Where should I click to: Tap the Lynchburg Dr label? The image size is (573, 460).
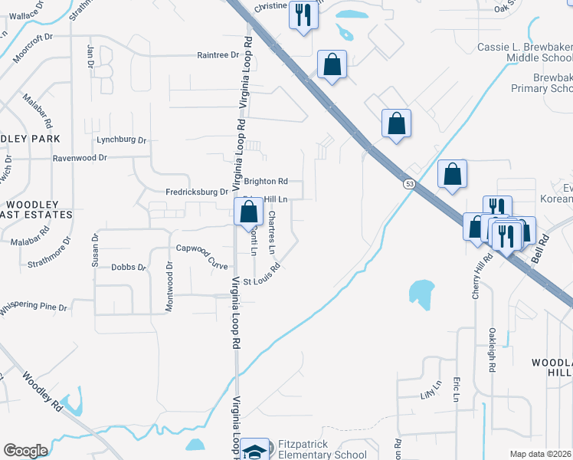point(121,140)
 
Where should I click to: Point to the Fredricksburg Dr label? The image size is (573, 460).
point(197,192)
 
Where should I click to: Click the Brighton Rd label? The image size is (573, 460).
point(266,182)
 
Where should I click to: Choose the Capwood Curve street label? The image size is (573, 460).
point(202,256)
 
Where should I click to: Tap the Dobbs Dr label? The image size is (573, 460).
point(128,268)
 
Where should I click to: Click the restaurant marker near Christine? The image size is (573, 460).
point(303,15)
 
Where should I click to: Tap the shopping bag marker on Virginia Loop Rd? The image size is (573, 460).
point(247,211)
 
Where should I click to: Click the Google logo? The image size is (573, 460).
point(25,451)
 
